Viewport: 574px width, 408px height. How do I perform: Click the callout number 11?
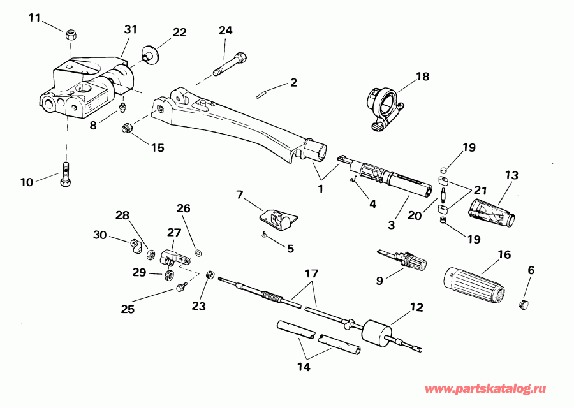click(x=34, y=17)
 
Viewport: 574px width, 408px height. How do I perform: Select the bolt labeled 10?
click(x=66, y=175)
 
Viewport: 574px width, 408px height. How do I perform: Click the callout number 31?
click(x=130, y=30)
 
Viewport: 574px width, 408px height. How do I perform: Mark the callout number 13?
click(x=511, y=175)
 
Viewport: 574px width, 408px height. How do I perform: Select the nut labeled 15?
click(x=127, y=127)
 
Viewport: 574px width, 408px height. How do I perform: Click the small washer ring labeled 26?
click(x=198, y=254)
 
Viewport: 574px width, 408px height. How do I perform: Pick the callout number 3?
click(x=392, y=224)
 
